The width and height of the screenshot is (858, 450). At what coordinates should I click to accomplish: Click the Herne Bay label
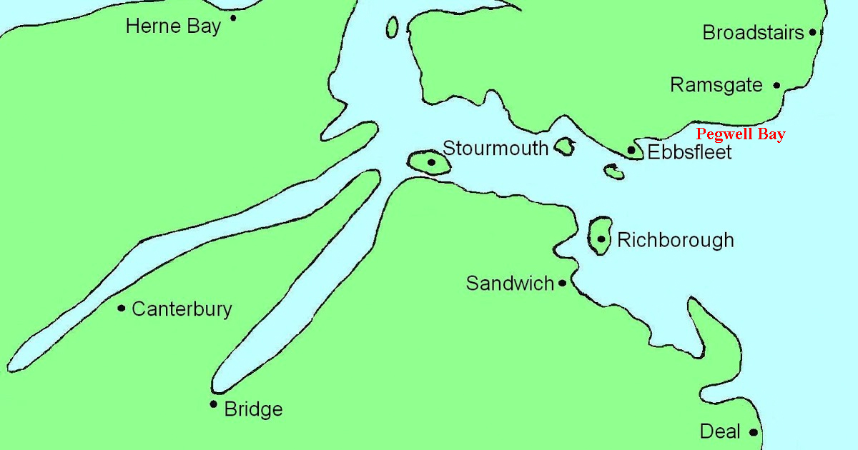pos(172,27)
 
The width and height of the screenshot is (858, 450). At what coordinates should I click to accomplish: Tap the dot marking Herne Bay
pos(233,18)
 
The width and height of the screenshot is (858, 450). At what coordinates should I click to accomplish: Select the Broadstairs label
pos(754,33)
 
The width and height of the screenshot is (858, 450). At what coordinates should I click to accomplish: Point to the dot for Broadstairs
pos(813,32)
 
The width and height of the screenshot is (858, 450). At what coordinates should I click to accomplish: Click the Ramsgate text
pos(716,86)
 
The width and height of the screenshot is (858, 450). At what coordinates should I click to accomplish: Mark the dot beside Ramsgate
pos(777,85)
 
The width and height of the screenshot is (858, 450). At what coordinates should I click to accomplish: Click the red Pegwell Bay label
pos(741,134)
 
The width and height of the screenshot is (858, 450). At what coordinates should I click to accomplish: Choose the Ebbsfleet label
pos(689,152)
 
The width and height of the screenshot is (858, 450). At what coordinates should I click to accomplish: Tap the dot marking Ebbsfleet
pos(631,150)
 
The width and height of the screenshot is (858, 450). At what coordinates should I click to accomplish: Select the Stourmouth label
pos(495,149)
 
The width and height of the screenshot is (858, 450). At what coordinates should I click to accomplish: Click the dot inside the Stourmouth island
pos(431,162)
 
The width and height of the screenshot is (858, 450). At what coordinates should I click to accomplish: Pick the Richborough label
pos(675,240)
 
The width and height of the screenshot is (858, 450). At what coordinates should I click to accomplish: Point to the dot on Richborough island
pos(601,239)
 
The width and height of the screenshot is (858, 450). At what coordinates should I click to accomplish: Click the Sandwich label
pos(510,284)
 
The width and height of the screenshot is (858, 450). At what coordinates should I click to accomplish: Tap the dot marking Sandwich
pos(563,284)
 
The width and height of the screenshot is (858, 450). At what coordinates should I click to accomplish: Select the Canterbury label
pos(182,309)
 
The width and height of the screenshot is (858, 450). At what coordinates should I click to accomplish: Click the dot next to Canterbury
pos(122,309)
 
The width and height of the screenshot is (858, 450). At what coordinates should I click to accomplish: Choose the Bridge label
pos(253,409)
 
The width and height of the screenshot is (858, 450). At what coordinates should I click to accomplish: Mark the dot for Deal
pos(754,432)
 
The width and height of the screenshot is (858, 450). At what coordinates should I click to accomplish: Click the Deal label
pos(720,432)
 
